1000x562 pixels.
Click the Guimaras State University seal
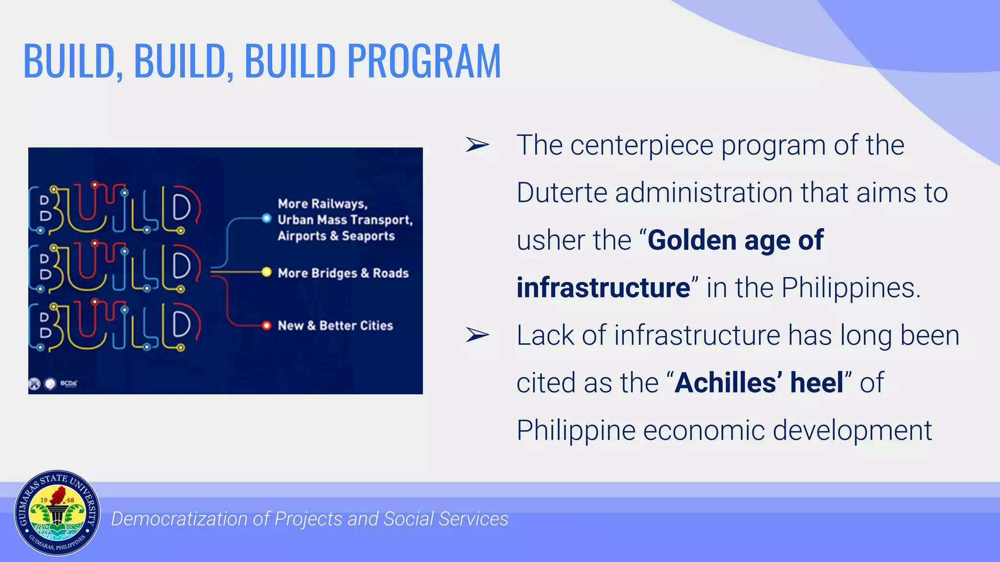[57, 513]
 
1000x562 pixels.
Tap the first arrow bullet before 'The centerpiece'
[477, 145]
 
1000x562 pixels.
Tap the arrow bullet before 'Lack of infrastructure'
[477, 335]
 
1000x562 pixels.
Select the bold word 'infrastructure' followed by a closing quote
[604, 288]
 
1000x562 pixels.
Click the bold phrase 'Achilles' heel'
[759, 383]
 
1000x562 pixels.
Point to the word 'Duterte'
[562, 193]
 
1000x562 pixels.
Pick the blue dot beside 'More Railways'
[266, 218]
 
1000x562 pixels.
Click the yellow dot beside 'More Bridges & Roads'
[266, 272]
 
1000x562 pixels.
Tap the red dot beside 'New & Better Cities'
[266, 325]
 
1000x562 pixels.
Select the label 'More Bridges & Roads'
[343, 273]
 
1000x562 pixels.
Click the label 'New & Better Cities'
[335, 325]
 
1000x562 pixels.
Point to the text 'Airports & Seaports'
[336, 236]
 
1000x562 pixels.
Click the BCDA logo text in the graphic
[69, 383]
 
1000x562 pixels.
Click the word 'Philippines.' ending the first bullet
[851, 288]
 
